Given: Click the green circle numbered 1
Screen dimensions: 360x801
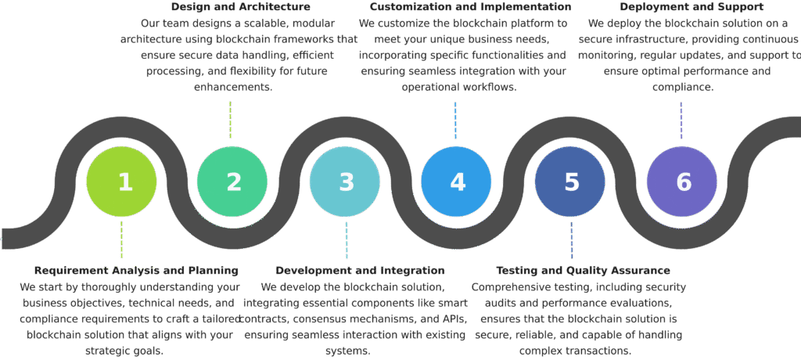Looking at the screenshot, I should click(121, 182).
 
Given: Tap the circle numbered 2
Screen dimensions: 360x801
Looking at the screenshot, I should click(232, 182).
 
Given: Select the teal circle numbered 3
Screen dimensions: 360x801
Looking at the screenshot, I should click(345, 182).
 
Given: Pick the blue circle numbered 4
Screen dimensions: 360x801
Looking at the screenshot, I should click(456, 182).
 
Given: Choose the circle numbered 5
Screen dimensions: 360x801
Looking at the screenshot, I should click(570, 182).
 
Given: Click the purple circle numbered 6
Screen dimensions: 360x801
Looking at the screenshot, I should click(682, 182).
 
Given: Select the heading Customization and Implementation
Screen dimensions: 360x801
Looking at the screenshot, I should click(470, 7).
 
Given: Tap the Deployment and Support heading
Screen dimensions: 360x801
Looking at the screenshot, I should click(681, 7).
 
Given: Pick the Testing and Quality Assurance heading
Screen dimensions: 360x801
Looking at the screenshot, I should click(584, 271).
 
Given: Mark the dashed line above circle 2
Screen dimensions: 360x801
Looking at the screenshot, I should click(230, 120).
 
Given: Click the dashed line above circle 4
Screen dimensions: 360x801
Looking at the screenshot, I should click(455, 120).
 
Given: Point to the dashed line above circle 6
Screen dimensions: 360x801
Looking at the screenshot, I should click(681, 120).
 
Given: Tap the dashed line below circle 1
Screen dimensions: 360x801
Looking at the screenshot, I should click(121, 239).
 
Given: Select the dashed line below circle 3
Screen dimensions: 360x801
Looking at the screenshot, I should click(347, 239).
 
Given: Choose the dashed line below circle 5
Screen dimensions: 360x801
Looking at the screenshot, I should click(571, 239).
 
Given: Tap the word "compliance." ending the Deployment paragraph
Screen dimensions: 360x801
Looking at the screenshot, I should click(681, 87).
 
